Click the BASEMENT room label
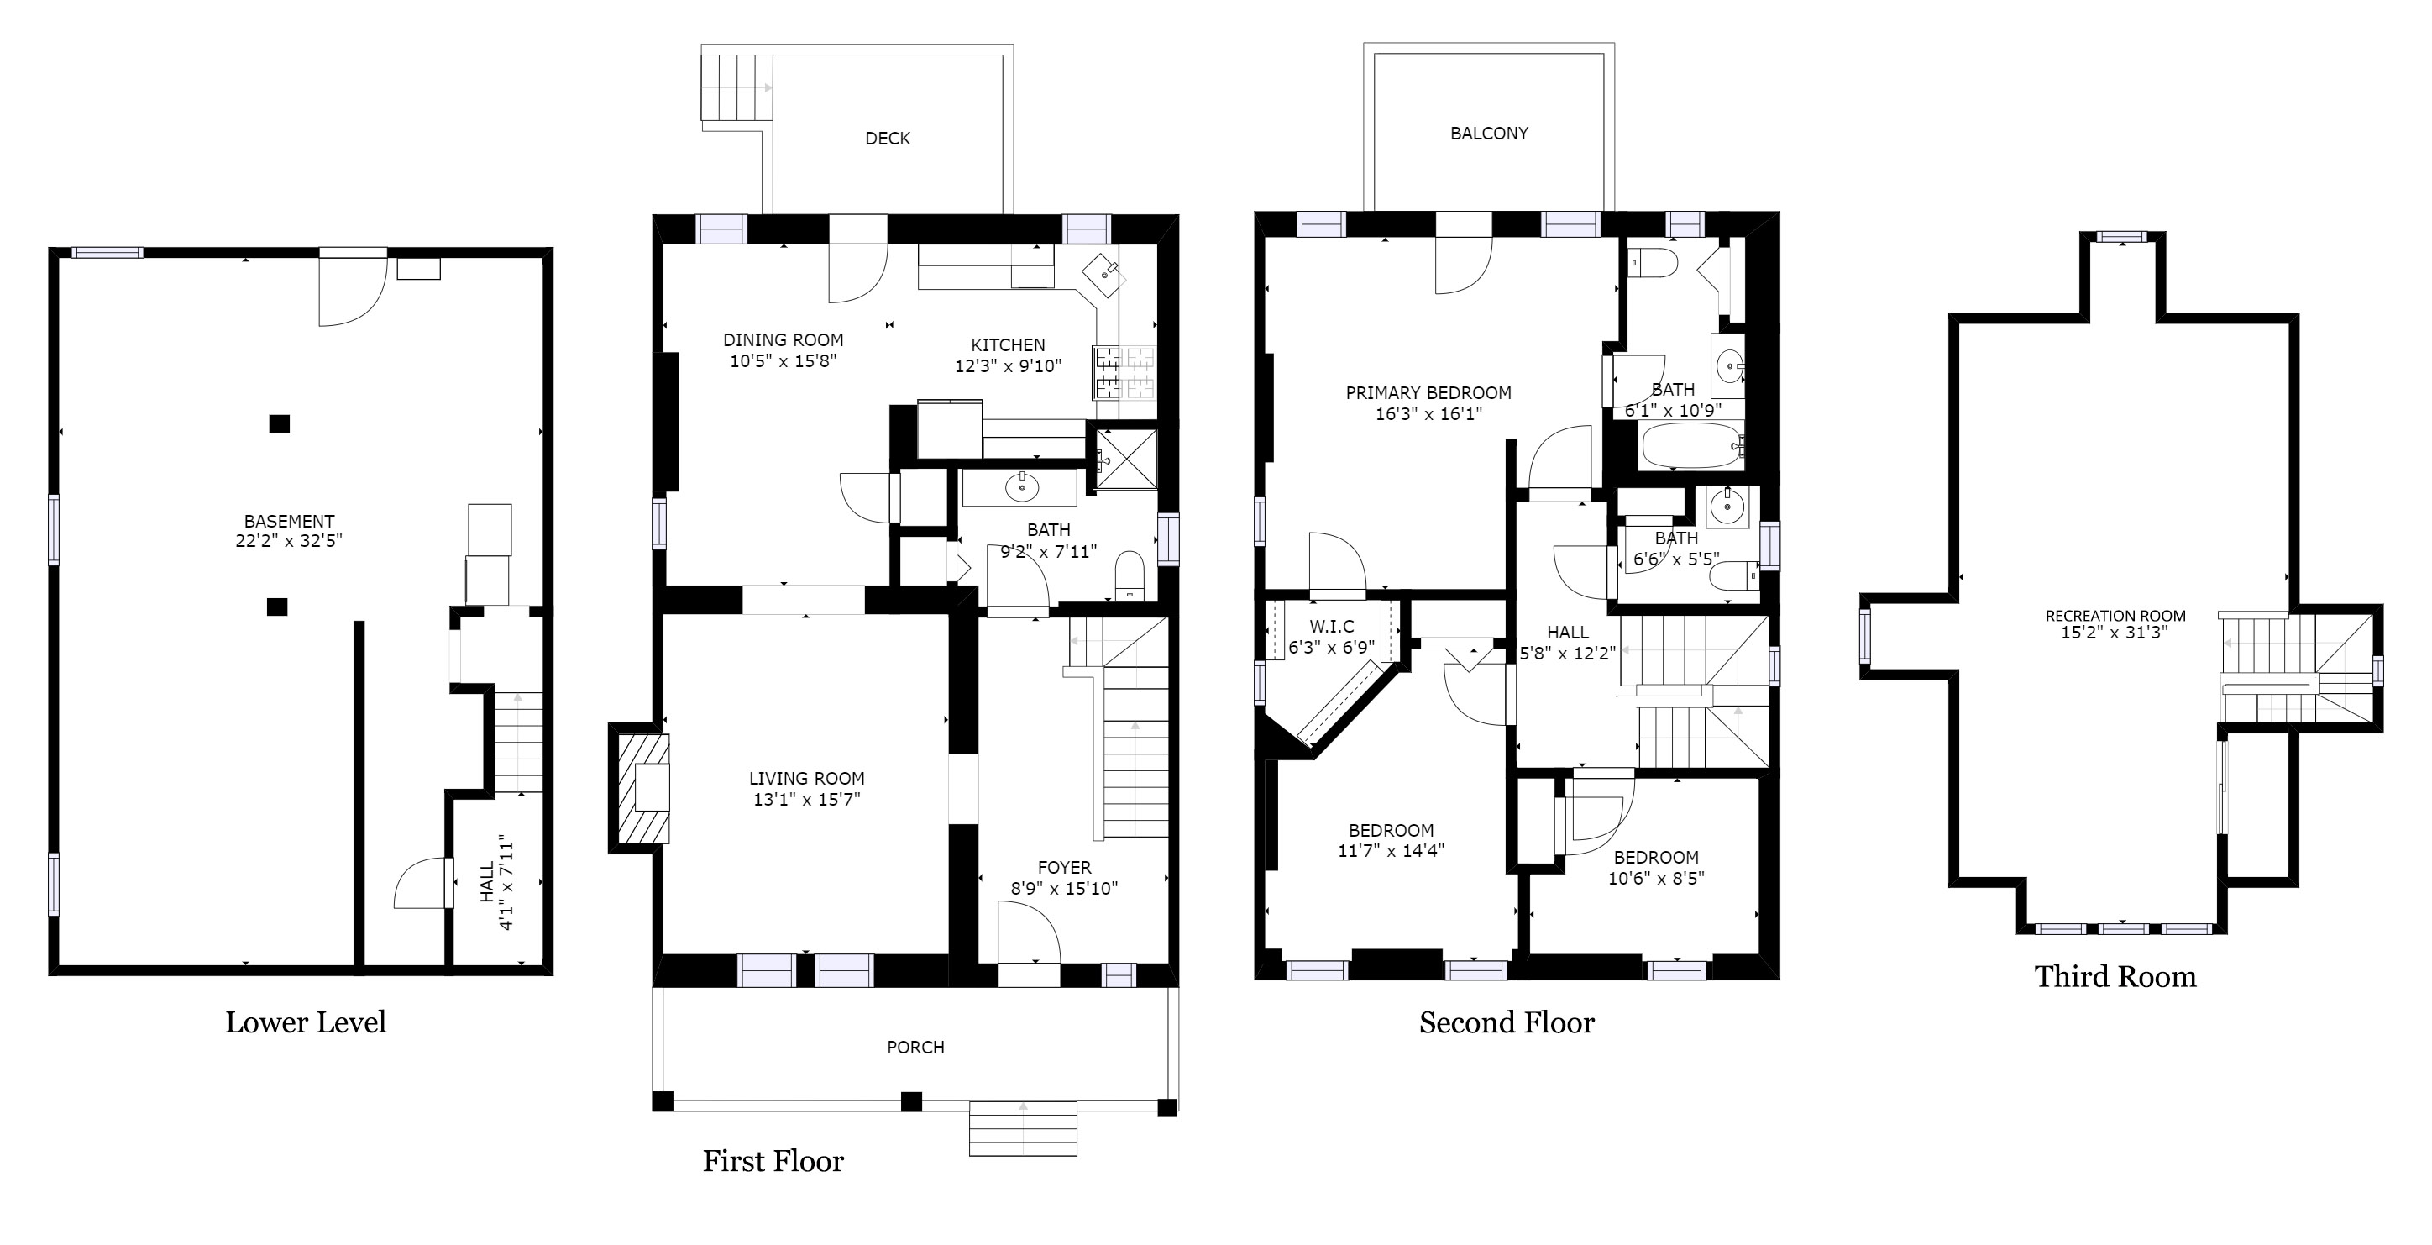289,521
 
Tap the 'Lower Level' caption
306,1022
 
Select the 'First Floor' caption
773,1161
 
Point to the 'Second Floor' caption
1507,1022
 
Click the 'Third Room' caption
2115,977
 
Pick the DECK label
888,139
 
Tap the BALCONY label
1489,134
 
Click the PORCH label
915,1047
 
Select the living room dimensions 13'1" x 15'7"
806,799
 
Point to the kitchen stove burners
1125,371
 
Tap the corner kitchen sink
1103,275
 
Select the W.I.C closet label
1331,626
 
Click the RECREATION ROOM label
2115,616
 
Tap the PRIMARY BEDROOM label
1428,393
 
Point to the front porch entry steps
1023,1128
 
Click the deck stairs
736,87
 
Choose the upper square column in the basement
279,423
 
